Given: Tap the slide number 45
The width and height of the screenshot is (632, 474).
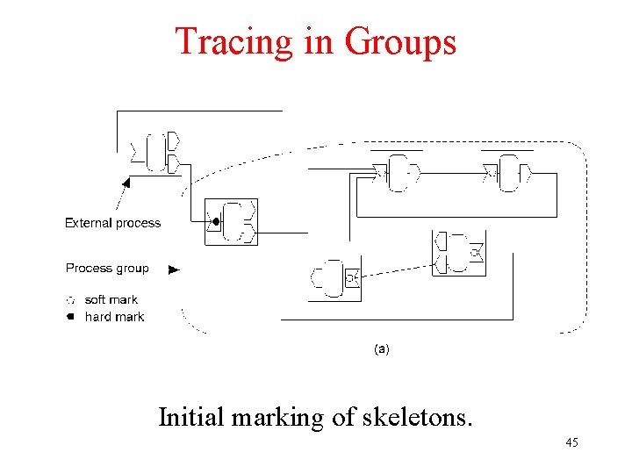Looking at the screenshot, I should pyautogui.click(x=571, y=442).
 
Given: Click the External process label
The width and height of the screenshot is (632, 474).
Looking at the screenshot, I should pyautogui.click(x=113, y=223).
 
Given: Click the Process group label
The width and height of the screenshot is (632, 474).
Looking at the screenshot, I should pyautogui.click(x=107, y=269).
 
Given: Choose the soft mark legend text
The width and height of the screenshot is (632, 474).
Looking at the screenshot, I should pyautogui.click(x=111, y=300).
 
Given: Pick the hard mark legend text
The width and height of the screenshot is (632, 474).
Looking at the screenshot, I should pyautogui.click(x=114, y=317).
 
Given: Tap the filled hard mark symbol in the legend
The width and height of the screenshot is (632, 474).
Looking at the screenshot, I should pyautogui.click(x=70, y=317).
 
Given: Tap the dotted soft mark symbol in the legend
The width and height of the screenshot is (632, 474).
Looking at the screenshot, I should pyautogui.click(x=70, y=300).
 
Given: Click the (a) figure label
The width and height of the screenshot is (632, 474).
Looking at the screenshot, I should pyautogui.click(x=382, y=348).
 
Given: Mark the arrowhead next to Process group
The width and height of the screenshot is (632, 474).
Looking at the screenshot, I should pyautogui.click(x=174, y=269).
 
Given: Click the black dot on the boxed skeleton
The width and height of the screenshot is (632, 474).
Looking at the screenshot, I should pyautogui.click(x=214, y=221).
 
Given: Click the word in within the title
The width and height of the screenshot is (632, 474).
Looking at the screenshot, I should pyautogui.click(x=320, y=41).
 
